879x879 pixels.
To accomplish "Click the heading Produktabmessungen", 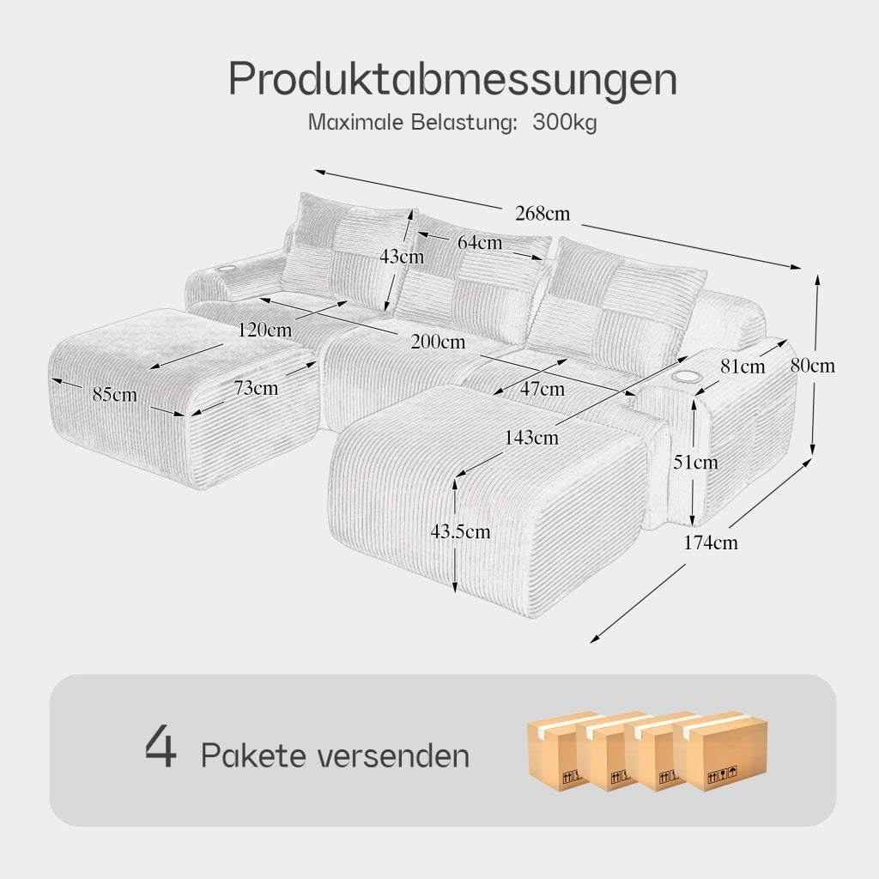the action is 452,79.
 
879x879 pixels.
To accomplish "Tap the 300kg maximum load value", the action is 565,122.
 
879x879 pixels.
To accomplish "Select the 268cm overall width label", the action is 543,214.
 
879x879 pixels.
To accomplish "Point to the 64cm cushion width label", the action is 480,242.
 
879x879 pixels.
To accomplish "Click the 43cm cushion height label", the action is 402,256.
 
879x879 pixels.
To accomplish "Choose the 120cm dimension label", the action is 264,330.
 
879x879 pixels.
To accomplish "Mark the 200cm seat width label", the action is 438,342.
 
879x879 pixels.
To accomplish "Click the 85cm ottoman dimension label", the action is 115,395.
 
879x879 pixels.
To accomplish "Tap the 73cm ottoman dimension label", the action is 256,387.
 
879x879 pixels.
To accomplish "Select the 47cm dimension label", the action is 543,389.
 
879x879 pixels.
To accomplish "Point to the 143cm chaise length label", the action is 531,437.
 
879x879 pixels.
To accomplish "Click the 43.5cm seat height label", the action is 460,531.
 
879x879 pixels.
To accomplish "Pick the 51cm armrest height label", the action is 695,462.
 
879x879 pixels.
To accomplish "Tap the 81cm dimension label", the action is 743,367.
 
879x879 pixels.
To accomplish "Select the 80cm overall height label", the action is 813,366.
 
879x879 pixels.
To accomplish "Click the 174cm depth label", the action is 711,543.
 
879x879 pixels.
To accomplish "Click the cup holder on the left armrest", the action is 227,270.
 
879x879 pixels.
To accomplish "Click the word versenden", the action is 393,755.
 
